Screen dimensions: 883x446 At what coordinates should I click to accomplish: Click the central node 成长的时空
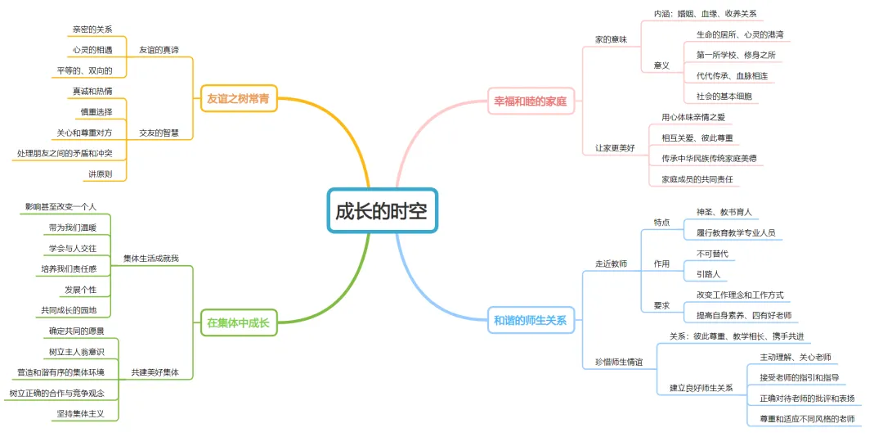[382, 210]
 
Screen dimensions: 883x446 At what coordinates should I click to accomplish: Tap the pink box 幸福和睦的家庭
[530, 102]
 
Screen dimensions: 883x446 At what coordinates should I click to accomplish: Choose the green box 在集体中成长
[238, 322]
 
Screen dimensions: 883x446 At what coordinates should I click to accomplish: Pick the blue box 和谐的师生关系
[530, 320]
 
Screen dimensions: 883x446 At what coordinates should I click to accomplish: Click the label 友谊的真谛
[159, 50]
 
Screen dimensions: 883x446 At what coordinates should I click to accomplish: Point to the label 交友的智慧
[159, 133]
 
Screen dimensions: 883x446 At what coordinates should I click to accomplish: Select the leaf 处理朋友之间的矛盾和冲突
[65, 153]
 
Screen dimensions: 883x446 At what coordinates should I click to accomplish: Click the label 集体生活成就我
[151, 259]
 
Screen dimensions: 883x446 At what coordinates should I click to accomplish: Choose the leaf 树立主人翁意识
[76, 352]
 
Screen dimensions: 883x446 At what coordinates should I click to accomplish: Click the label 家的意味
[611, 39]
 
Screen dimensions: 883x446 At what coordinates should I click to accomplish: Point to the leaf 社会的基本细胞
[724, 97]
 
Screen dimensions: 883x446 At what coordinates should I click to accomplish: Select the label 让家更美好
[615, 148]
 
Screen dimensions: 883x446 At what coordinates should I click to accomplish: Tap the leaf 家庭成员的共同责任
[697, 179]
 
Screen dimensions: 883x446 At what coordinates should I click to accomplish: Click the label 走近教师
[611, 264]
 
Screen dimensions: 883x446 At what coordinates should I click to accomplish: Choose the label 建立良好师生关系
[701, 388]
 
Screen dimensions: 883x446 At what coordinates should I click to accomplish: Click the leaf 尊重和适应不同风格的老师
[806, 419]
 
